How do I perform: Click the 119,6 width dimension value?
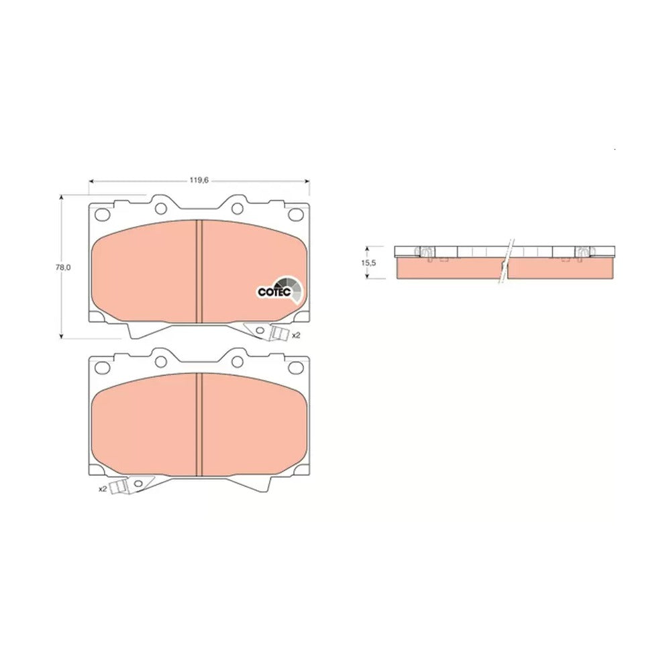199,180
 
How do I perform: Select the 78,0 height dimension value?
62,268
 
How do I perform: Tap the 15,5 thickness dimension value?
368,263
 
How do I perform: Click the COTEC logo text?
274,292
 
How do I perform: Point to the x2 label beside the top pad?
296,335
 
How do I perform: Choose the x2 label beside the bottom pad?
102,488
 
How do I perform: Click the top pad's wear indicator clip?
278,333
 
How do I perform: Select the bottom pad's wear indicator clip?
119,487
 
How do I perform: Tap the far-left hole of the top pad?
102,214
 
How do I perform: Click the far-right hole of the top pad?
296,214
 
